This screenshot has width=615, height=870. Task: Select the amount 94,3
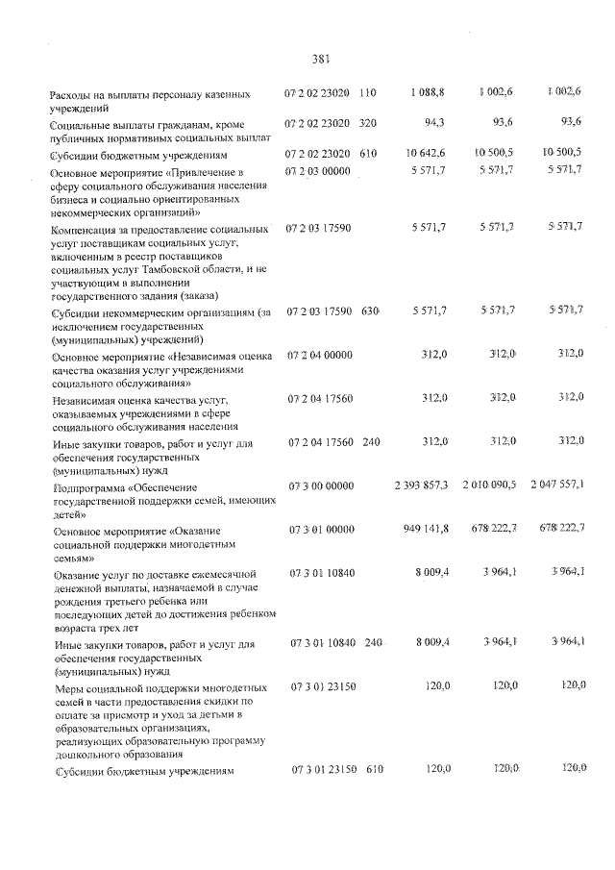434,122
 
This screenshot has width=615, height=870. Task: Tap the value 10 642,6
425,152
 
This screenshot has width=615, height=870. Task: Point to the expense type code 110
368,92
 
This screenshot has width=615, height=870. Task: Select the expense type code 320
368,123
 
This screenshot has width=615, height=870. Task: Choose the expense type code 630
371,311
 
